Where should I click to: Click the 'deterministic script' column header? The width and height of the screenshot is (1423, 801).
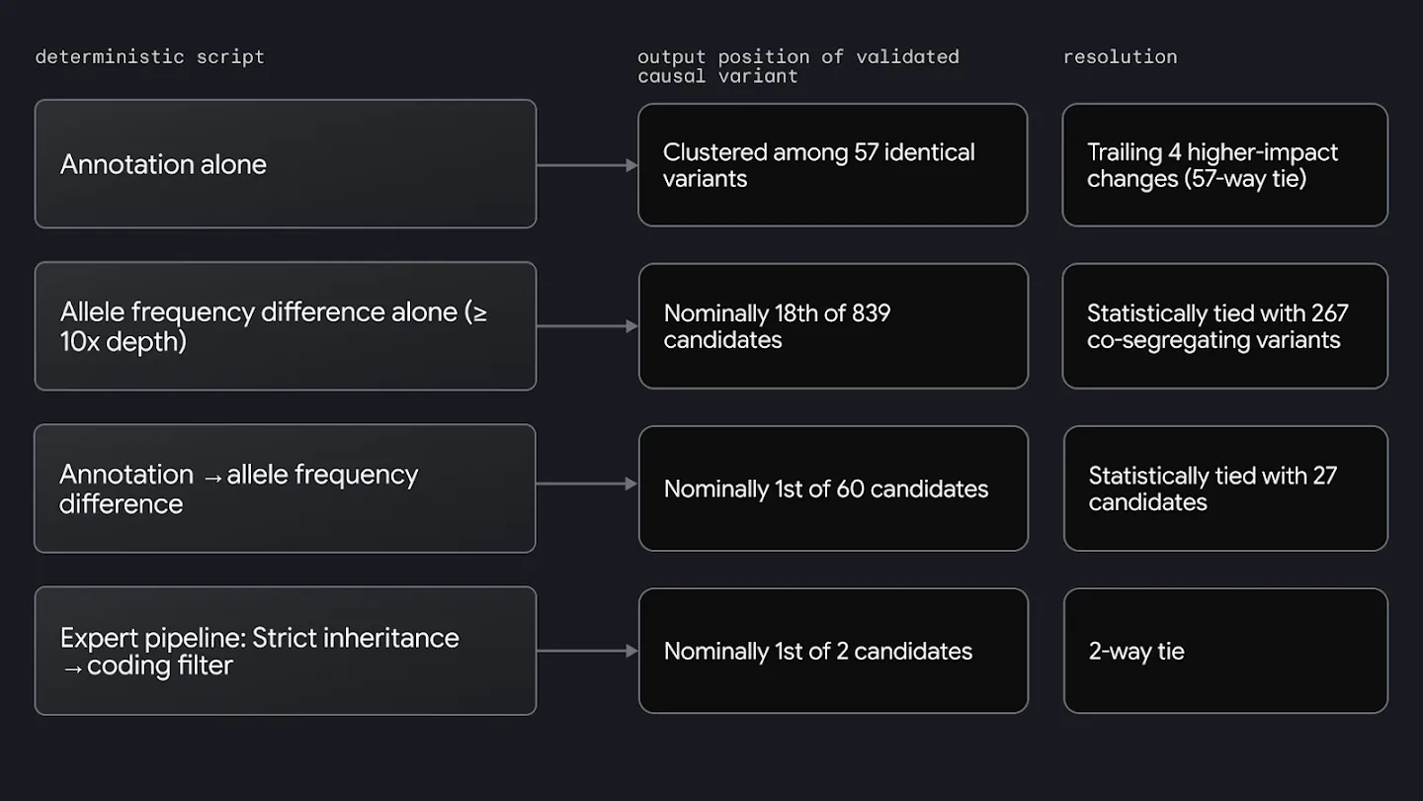coord(150,57)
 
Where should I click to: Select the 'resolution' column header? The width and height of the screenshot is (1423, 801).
coord(1120,57)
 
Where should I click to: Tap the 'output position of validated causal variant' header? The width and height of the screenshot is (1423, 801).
coord(797,66)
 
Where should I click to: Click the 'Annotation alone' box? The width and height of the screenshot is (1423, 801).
coord(286,164)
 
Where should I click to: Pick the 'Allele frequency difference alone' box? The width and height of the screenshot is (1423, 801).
coord(286,326)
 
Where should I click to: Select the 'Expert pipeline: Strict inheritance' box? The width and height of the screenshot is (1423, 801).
coord(286,651)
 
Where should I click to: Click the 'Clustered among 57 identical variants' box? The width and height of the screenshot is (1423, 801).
coord(833,165)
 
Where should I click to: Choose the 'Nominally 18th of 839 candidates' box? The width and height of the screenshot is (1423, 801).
coord(833,326)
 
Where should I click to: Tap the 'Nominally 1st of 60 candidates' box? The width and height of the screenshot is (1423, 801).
coord(833,489)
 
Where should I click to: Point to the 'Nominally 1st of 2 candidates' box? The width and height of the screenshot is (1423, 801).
coord(833,651)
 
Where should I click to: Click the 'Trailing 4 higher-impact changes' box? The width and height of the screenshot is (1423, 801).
coord(1225,165)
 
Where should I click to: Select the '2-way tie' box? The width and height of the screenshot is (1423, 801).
coord(1226,651)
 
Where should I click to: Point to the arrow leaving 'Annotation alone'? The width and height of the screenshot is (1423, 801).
coord(588,165)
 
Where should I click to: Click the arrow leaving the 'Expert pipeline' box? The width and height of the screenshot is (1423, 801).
coord(588,651)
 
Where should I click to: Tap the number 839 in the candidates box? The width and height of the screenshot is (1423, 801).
coord(871,313)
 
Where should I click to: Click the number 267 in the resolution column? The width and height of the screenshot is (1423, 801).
coord(1329,313)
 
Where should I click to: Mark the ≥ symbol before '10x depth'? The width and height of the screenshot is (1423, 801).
coord(479,312)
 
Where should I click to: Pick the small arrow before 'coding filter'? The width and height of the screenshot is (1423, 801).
coord(72,668)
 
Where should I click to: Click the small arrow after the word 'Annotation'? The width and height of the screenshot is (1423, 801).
coord(212,478)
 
